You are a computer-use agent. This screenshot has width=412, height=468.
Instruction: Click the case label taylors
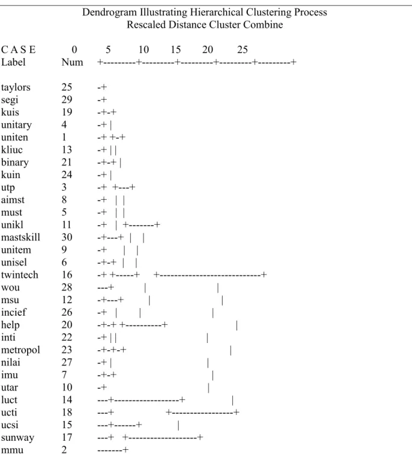16,88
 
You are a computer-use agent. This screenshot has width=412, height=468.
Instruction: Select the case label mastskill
21,237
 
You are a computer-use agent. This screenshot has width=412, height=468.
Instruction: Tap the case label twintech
20,275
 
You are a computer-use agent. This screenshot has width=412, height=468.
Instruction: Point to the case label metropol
21,350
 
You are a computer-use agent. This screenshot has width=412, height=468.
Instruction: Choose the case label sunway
17,438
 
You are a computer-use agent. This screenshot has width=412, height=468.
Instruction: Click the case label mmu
12,450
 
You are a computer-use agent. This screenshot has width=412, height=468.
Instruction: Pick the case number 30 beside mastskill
67,237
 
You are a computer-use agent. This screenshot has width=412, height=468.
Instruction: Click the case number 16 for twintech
67,275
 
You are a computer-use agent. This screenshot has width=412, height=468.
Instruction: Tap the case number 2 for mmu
64,450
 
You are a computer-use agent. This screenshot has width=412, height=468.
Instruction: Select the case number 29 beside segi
67,100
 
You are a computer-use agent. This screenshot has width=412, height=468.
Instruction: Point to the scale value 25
242,50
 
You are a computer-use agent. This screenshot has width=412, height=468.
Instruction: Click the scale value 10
144,50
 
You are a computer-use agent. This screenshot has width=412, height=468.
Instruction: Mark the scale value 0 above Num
74,50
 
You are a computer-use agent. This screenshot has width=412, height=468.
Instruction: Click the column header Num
72,62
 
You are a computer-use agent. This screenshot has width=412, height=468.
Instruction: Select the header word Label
13,62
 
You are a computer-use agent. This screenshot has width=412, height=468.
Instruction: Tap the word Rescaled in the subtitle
146,25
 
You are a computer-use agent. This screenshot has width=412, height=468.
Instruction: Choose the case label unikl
12,225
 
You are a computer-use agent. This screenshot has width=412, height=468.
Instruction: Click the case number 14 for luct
67,400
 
